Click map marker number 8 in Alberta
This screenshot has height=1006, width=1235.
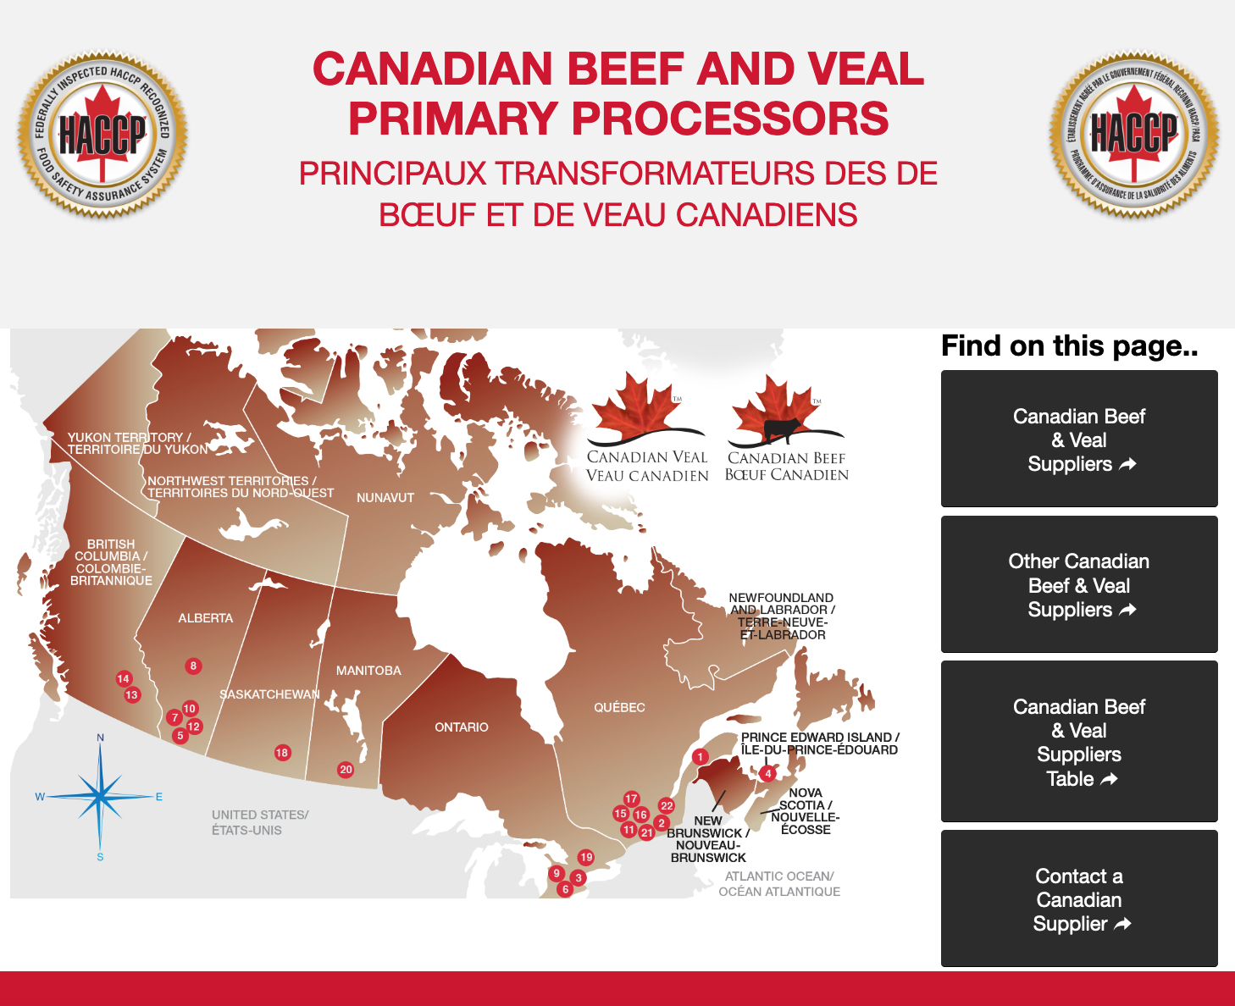(x=193, y=666)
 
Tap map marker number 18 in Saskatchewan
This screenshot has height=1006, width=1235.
(x=282, y=753)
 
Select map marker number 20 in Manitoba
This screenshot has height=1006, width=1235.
(x=346, y=770)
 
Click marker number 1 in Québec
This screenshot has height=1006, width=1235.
(x=700, y=757)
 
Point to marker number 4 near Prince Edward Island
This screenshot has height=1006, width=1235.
(x=767, y=773)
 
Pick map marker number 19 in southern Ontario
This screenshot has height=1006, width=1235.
(x=586, y=858)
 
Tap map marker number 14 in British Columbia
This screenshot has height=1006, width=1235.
(x=124, y=678)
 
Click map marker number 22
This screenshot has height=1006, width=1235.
(x=667, y=806)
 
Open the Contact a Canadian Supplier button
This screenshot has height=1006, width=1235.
(x=1079, y=899)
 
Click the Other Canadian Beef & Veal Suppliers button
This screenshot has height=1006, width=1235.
(x=1079, y=585)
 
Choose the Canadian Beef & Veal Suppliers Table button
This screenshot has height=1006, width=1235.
(x=1079, y=742)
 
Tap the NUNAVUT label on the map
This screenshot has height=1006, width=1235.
(x=385, y=498)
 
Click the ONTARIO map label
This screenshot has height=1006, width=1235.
(x=462, y=727)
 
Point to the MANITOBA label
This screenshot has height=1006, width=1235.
(x=368, y=671)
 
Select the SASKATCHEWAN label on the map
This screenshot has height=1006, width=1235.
(x=269, y=694)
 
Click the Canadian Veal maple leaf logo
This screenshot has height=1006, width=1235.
(x=647, y=428)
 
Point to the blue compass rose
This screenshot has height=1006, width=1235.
(x=100, y=797)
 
